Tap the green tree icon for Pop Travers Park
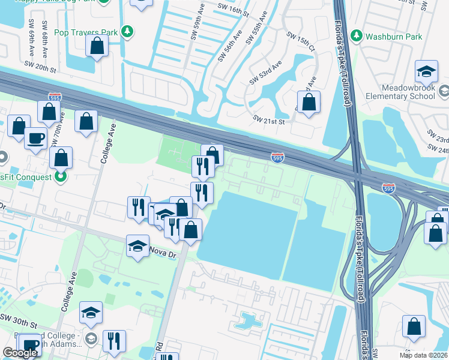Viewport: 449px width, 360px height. coord(127,31)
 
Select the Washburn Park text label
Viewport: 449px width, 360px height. coord(394,37)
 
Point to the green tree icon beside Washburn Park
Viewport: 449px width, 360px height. coord(357,37)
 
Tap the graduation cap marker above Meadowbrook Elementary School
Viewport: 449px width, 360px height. coord(426,71)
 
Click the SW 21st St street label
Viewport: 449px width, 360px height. coord(268,119)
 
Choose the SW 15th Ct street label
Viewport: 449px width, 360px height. coord(301,41)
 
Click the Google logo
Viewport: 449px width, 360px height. coord(20,353)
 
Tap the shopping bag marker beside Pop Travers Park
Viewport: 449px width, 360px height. coord(97,46)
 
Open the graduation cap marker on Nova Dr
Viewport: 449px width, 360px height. coord(137,245)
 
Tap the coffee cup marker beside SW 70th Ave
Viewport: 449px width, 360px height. coord(35,138)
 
